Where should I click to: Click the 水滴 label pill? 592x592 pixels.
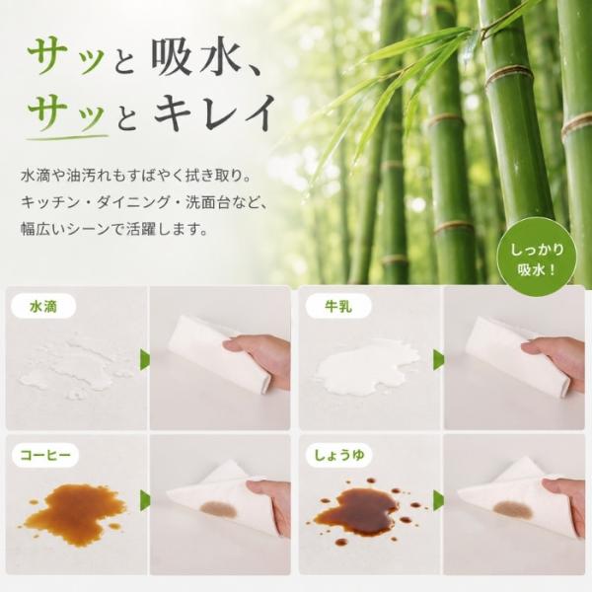(43, 306)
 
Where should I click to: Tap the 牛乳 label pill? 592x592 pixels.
(338, 306)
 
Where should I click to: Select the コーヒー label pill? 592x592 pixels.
(45, 455)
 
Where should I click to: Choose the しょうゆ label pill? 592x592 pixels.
(339, 455)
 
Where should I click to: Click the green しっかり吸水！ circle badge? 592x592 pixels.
(537, 260)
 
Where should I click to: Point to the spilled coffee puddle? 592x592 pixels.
(74, 512)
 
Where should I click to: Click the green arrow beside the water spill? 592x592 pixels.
(145, 360)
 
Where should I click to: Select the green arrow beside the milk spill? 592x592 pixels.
(439, 360)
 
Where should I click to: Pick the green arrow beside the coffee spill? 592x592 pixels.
(145, 500)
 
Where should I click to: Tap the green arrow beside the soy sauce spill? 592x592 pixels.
(439, 500)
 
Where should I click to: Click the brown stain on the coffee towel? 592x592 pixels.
(219, 509)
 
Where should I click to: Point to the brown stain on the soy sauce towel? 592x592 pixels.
(512, 509)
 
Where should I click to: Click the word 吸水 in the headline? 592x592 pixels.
(195, 59)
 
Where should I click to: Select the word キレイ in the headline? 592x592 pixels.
(214, 111)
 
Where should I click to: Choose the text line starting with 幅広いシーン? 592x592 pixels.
(114, 229)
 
